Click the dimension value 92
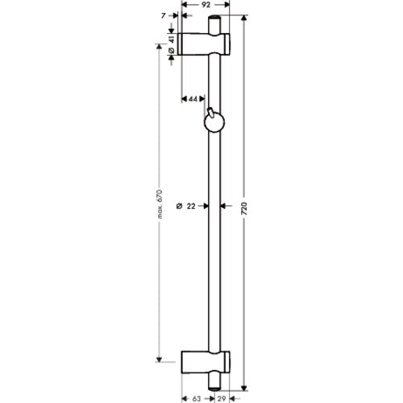point(206,5)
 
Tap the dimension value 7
point(164,16)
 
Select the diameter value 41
point(172,39)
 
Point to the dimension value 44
point(193,99)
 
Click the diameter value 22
point(191,206)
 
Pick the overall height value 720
point(244,208)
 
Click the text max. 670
point(160,204)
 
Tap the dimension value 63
point(197,399)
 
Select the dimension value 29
point(222,399)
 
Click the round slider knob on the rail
point(214,123)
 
